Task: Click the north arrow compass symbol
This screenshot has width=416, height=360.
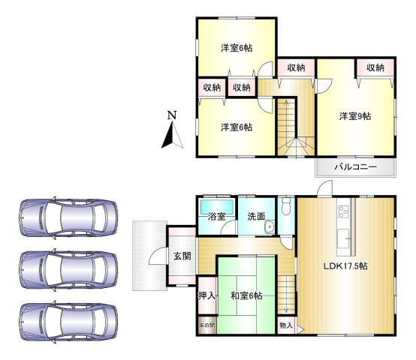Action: click(172, 135)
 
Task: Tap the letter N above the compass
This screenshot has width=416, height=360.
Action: click(172, 116)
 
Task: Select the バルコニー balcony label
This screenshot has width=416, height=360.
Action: click(355, 166)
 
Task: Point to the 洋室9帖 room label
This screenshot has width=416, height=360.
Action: click(354, 116)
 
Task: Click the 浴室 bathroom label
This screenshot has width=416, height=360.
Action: click(218, 217)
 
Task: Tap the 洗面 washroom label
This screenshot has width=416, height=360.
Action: click(255, 217)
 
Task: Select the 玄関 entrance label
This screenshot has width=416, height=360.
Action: click(182, 256)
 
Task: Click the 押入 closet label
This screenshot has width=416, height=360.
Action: click(206, 296)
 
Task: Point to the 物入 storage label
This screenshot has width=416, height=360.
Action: click(285, 325)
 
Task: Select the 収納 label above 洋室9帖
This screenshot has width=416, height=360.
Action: click(375, 67)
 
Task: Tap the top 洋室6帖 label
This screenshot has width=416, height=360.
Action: click(236, 48)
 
